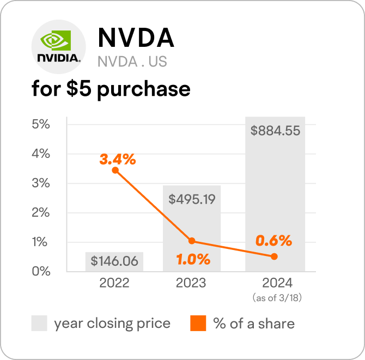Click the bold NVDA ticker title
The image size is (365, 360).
(x=136, y=38)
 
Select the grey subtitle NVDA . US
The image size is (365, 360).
(x=132, y=62)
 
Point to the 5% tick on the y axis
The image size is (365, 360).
(x=41, y=124)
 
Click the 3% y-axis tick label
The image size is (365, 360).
(x=41, y=183)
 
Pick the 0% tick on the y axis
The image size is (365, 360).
(x=41, y=271)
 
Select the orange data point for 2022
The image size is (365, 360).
(x=115, y=170)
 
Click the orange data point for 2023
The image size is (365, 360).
(x=192, y=241)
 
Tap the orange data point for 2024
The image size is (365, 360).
(x=274, y=257)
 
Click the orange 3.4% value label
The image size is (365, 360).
(x=117, y=160)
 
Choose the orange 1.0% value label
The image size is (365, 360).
(x=193, y=259)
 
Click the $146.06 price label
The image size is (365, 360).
(x=114, y=261)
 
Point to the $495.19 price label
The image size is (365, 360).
(x=192, y=199)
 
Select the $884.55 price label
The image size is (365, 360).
(x=275, y=131)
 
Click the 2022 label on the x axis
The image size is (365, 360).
(x=114, y=283)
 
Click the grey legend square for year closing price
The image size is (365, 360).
(x=39, y=324)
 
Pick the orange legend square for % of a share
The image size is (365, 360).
(x=198, y=324)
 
